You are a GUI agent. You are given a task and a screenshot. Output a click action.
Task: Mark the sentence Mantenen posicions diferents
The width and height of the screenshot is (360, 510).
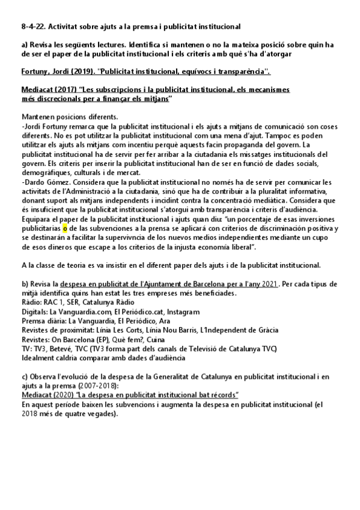(64, 115)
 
